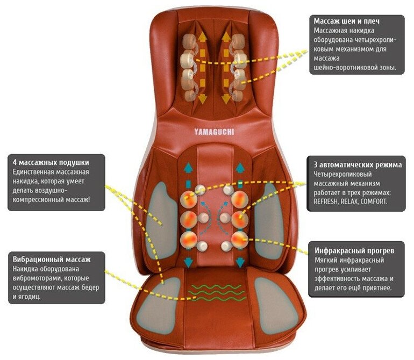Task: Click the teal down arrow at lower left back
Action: click(189, 262)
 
